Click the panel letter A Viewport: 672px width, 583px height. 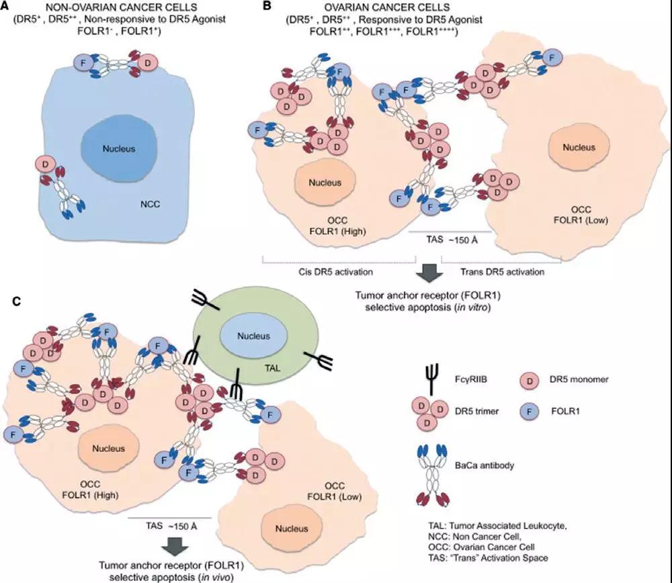pos(5,5)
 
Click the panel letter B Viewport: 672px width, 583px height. pos(267,6)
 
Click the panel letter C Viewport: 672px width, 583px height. pos(17,301)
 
